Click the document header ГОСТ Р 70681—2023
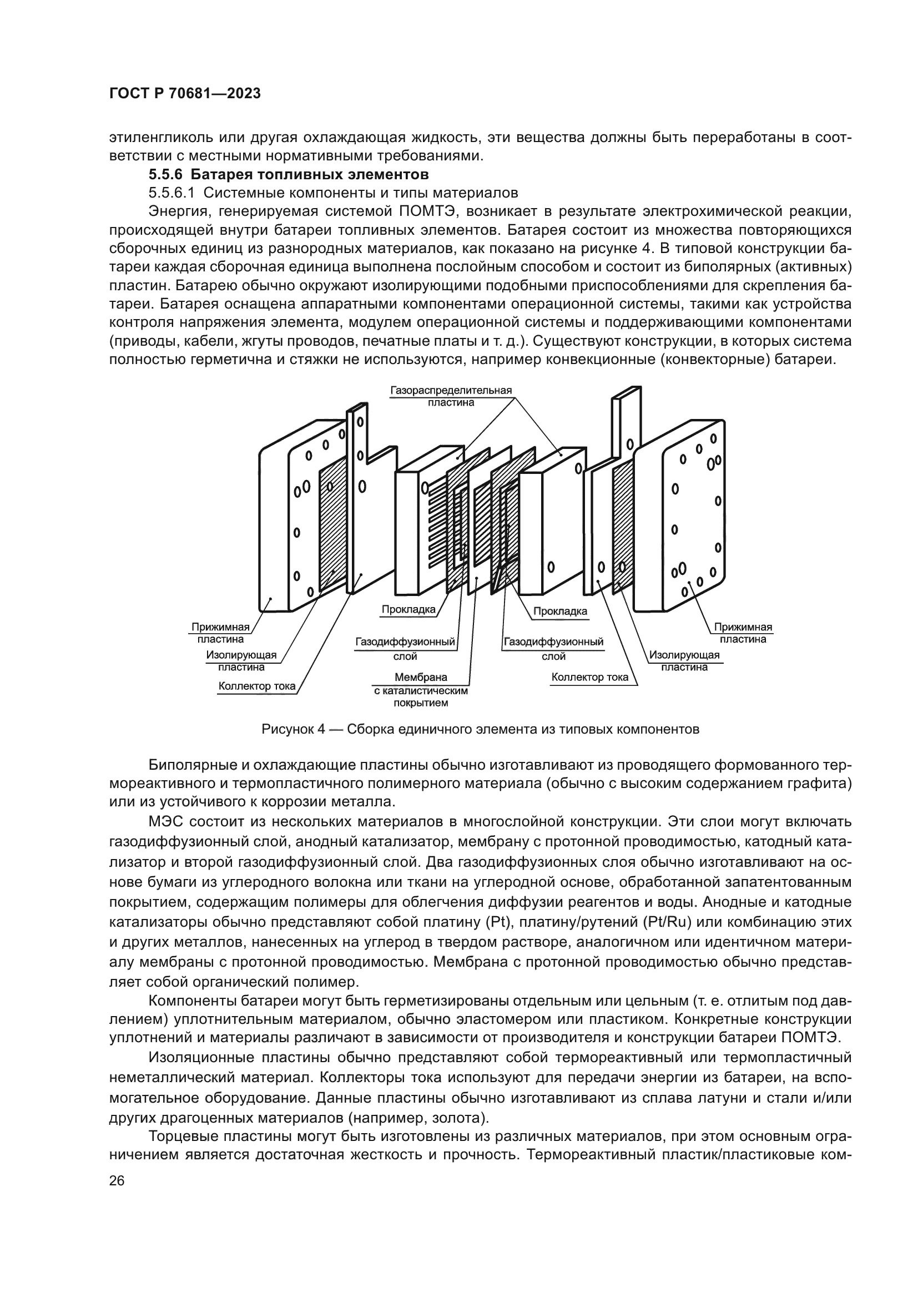tap(185, 94)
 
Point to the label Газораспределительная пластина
tap(451, 396)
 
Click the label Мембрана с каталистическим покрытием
tap(421, 690)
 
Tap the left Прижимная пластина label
tap(220, 633)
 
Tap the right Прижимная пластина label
tap(742, 633)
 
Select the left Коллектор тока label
tap(256, 686)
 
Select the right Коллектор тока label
tap(589, 677)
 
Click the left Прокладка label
tap(408, 609)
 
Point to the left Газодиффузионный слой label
tap(405, 648)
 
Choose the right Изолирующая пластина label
tap(684, 661)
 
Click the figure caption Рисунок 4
tap(480, 729)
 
